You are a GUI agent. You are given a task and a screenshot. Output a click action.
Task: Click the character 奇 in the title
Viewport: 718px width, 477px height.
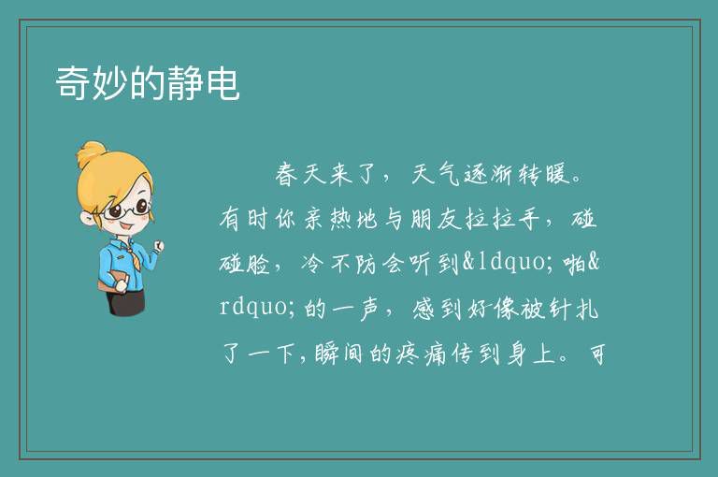(73, 82)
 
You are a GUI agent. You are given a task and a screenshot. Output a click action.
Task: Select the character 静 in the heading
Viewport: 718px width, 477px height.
(185, 82)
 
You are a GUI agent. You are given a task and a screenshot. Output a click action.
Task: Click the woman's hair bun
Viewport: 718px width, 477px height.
(91, 154)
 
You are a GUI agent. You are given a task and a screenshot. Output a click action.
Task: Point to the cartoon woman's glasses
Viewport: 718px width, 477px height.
(127, 210)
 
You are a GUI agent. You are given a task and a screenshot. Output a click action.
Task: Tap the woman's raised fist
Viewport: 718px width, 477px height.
(159, 247)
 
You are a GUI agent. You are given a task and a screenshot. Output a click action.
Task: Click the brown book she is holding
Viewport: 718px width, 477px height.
(112, 281)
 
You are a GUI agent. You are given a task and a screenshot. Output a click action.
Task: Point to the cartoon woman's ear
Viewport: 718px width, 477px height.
(88, 218)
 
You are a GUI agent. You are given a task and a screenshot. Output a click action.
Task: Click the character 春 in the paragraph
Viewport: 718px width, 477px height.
(287, 175)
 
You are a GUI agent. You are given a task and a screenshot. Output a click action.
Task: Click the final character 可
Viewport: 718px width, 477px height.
(597, 354)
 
